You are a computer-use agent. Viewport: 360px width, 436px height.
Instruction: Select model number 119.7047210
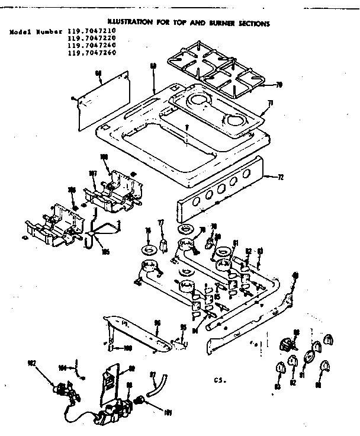tap(91, 31)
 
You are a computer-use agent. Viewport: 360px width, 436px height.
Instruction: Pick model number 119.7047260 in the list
tap(91, 53)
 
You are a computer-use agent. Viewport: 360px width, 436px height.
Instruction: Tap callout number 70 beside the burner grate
tap(278, 85)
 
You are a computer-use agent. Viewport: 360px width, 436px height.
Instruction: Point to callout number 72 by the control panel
tap(280, 177)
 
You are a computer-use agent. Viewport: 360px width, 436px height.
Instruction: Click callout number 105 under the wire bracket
tap(106, 251)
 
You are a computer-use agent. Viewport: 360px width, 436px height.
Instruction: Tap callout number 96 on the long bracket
tap(157, 323)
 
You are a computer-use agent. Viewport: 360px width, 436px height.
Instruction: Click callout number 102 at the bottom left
tap(31, 363)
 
